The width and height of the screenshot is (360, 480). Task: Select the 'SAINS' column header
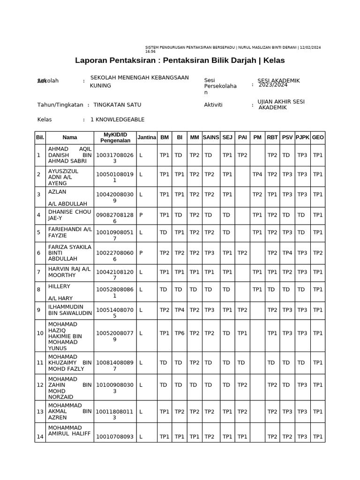click(x=211, y=137)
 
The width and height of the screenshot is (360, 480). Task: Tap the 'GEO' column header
click(x=318, y=137)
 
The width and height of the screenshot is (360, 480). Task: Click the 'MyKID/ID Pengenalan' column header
click(x=115, y=137)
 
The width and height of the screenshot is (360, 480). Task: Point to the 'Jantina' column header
click(x=146, y=137)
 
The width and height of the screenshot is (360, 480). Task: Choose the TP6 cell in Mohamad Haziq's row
click(x=179, y=333)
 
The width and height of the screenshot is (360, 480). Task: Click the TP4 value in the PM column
click(x=257, y=174)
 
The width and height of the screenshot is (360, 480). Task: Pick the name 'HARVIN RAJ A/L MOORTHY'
click(x=69, y=272)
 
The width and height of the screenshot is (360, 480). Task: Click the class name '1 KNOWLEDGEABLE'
click(x=117, y=120)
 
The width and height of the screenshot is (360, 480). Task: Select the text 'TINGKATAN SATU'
click(x=117, y=105)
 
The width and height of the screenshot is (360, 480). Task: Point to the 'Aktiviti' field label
click(x=213, y=105)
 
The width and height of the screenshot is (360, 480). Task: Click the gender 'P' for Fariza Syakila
click(x=141, y=253)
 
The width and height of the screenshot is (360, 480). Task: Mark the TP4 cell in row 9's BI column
click(x=179, y=310)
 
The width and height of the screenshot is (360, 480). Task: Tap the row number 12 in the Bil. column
click(x=40, y=385)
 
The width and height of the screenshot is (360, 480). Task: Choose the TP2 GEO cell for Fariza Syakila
click(x=318, y=253)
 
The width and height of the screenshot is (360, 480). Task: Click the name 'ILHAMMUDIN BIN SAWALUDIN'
click(x=69, y=310)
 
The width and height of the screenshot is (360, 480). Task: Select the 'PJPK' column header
click(x=302, y=137)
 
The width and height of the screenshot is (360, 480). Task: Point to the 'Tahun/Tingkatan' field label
click(x=60, y=105)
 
